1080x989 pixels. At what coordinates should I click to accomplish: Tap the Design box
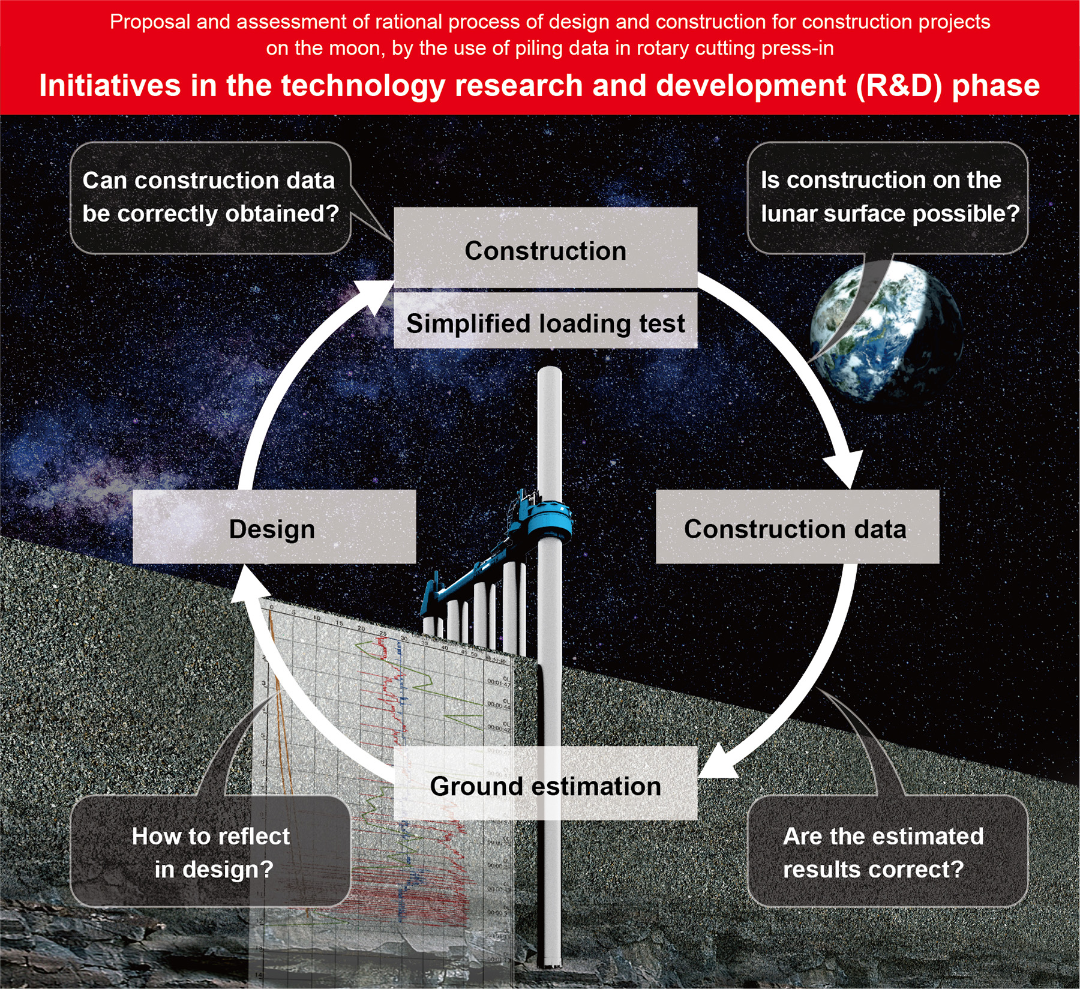click(x=274, y=528)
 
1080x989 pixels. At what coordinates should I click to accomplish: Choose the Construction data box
click(x=797, y=528)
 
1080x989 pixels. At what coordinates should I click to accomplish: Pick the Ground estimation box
click(x=545, y=784)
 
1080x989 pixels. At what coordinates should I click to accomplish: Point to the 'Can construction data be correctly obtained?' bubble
click(x=210, y=197)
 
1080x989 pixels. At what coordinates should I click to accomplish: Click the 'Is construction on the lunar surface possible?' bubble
click(x=888, y=197)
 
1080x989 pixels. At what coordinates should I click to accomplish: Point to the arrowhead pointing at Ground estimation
click(x=717, y=765)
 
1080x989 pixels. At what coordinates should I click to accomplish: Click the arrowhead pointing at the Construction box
click(x=375, y=297)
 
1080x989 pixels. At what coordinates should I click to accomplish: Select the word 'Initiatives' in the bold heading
click(x=109, y=85)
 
